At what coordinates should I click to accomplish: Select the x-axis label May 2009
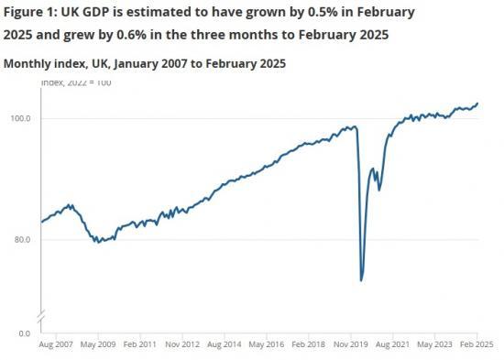pyautogui.click(x=100, y=345)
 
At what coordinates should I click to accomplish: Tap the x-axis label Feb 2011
pyautogui.click(x=141, y=345)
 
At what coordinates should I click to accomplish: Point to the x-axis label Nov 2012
pyautogui.click(x=182, y=345)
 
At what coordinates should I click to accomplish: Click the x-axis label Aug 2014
pyautogui.click(x=225, y=345)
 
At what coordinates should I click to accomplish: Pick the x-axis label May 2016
pyautogui.click(x=266, y=345)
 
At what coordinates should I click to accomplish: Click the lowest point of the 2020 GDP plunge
pyautogui.click(x=362, y=279)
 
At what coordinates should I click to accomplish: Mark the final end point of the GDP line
pyautogui.click(x=477, y=104)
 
